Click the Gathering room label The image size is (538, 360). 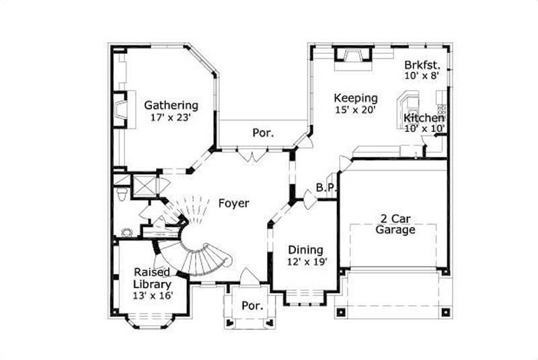tap(171, 105)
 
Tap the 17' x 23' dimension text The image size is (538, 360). tap(171, 117)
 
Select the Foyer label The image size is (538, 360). tap(234, 203)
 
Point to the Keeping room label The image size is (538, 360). tap(356, 98)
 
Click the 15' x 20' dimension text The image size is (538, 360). tap(355, 109)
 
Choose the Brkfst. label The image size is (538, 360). tap(422, 65)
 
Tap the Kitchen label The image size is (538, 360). tap(424, 118)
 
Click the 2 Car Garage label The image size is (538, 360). tap(394, 223)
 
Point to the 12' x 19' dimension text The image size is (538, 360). tap(306, 262)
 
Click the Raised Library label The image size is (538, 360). tap(152, 278)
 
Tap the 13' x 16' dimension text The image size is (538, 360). tap(152, 295)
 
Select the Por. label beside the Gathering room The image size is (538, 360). tap(263, 133)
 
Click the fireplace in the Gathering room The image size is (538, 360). tap(120, 109)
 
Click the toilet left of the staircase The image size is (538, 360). tap(120, 194)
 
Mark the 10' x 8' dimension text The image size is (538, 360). tap(422, 76)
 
